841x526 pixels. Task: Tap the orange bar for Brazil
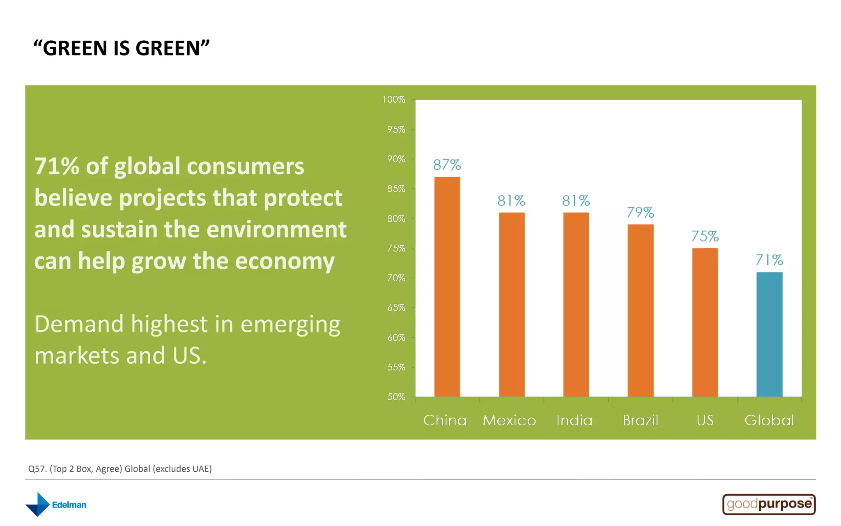tap(640, 310)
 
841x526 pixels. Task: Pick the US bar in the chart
tap(705, 322)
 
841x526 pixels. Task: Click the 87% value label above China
tap(447, 165)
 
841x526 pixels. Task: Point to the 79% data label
tap(640, 212)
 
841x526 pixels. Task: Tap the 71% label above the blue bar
tap(769, 260)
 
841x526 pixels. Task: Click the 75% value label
tap(705, 236)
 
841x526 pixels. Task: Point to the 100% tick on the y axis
tap(394, 99)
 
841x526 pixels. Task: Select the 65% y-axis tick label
tap(396, 307)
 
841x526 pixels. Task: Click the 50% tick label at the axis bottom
tap(396, 397)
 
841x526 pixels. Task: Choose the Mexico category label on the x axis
tap(509, 420)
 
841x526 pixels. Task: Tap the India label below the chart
tap(574, 420)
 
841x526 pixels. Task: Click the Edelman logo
tap(56, 505)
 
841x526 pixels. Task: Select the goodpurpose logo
tap(769, 504)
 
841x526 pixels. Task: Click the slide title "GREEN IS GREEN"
tap(122, 48)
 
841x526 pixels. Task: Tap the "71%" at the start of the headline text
tap(57, 166)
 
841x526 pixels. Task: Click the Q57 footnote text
tap(120, 469)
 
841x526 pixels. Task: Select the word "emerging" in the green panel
tap(290, 325)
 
